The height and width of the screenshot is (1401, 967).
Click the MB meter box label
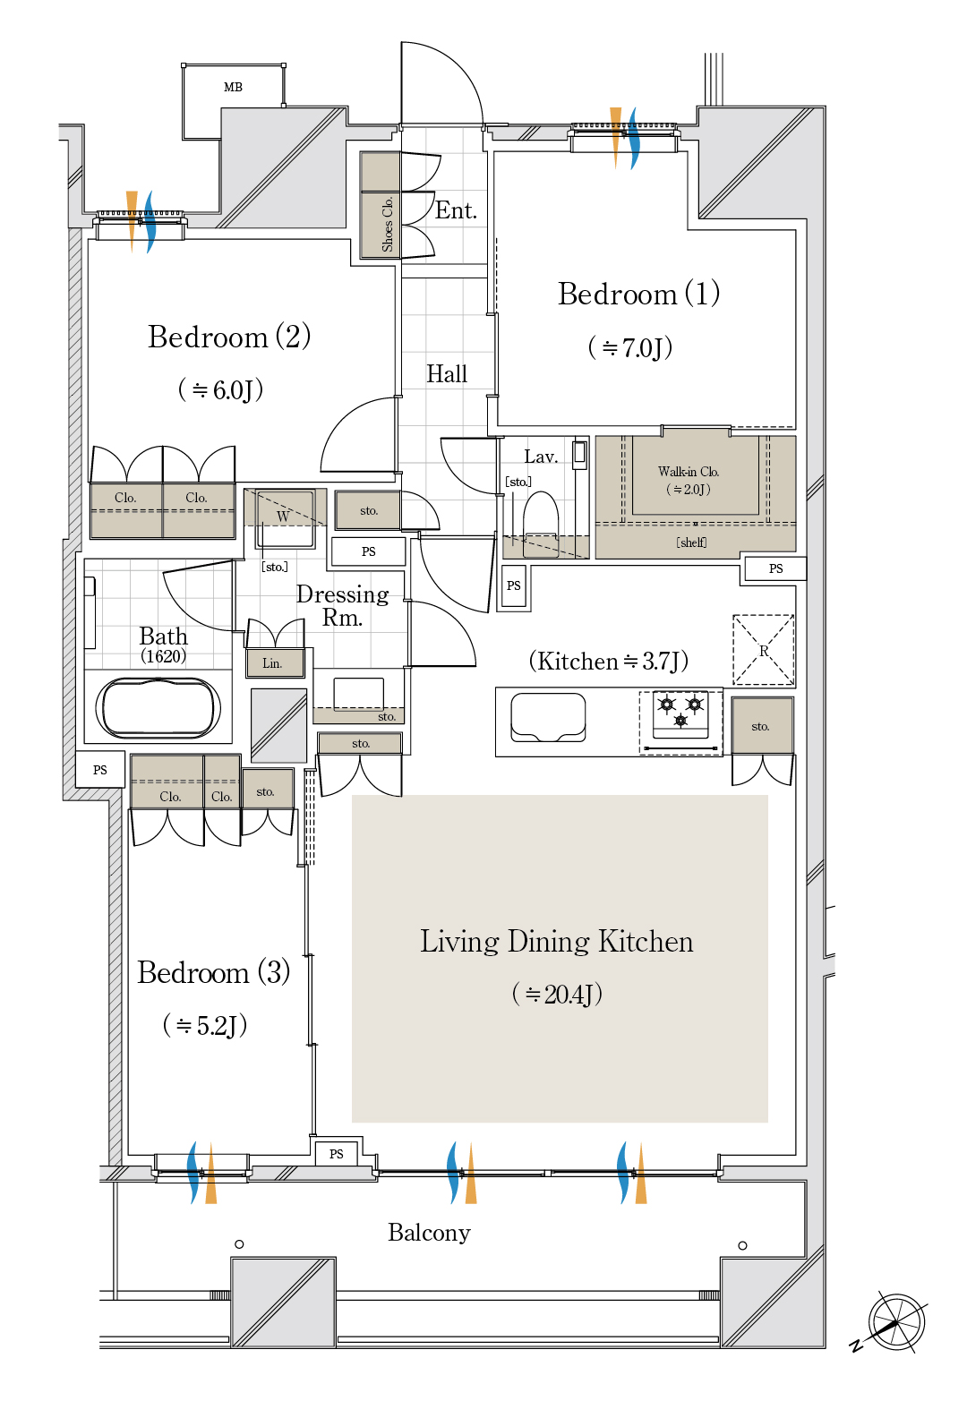pyautogui.click(x=233, y=87)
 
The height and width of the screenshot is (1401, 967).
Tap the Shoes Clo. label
pyautogui.click(x=387, y=224)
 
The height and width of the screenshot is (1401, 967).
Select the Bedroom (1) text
pyautogui.click(x=638, y=294)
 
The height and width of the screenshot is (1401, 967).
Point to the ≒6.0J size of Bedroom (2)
pyautogui.click(x=220, y=390)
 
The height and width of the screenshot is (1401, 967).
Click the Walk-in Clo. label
pyautogui.click(x=688, y=472)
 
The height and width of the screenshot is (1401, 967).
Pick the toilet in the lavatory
pyautogui.click(x=541, y=524)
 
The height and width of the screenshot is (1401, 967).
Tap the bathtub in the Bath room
pyautogui.click(x=158, y=708)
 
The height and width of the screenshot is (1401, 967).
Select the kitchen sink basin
pyautogui.click(x=548, y=717)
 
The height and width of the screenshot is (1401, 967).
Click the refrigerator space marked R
pyautogui.click(x=763, y=650)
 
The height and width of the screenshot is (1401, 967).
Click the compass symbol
pyautogui.click(x=895, y=1321)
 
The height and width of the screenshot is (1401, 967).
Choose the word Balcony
pyautogui.click(x=429, y=1233)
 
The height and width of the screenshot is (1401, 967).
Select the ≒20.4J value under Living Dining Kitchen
pyautogui.click(x=557, y=994)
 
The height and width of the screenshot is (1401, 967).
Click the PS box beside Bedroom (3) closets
pyautogui.click(x=100, y=769)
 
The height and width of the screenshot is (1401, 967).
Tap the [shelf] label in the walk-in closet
pyautogui.click(x=691, y=542)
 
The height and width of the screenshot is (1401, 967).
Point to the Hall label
pyautogui.click(x=447, y=374)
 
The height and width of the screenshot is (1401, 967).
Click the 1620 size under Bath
pyautogui.click(x=163, y=656)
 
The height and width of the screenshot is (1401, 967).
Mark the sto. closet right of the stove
pyautogui.click(x=763, y=725)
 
